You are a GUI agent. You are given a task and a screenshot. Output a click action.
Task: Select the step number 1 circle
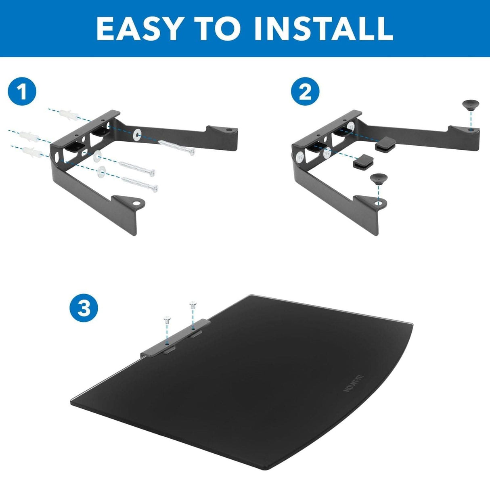point(22,92)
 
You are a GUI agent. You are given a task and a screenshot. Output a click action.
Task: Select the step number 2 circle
point(306,92)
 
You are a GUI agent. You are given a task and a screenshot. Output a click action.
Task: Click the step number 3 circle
point(84,309)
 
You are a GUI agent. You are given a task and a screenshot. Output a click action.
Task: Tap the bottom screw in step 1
point(140,184)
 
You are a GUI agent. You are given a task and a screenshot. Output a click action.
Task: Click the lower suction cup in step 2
point(377,178)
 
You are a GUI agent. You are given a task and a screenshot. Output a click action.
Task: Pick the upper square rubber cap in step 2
point(386,144)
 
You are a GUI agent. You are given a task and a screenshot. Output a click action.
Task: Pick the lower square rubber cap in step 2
point(362,162)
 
